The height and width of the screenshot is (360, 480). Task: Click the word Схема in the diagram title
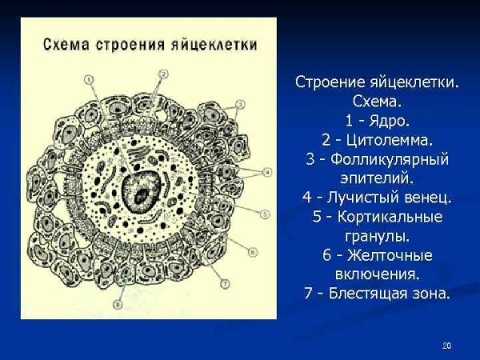[x=66, y=44]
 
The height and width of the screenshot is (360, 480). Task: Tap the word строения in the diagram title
[x=138, y=44]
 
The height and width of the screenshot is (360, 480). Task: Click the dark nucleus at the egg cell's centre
[x=143, y=192]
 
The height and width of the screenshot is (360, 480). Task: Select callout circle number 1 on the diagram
[x=87, y=78]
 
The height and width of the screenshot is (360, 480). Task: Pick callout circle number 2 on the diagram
[x=163, y=74]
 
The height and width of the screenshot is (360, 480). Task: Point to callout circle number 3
[x=240, y=105]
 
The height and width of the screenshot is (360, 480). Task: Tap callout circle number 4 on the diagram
[x=267, y=171]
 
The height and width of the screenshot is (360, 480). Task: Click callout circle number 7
[x=225, y=282]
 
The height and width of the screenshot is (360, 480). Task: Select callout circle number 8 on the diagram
[x=118, y=304]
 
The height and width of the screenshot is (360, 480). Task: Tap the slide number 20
[x=446, y=345]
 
